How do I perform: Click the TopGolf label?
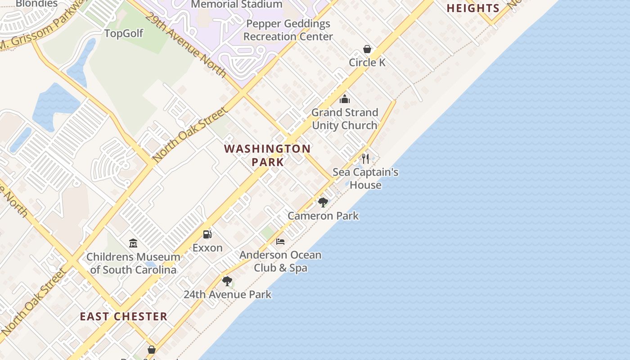pos(124,34)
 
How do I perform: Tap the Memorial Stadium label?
pos(237,4)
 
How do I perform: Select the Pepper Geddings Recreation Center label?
pos(288,30)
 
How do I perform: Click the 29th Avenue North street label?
pos(186,44)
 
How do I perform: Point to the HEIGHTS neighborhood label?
pos(473,8)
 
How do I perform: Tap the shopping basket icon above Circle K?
pos(367,49)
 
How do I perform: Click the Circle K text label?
pos(367,63)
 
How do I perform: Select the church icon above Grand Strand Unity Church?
pos(345,99)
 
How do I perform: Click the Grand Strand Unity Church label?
pos(345,119)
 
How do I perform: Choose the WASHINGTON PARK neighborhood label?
pos(267,155)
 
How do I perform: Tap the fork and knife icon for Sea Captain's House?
pos(365,158)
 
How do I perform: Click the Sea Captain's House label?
pos(365,179)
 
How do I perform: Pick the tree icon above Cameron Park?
pos(323,202)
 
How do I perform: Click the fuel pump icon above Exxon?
pos(207,234)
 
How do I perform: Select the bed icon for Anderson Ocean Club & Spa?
pos(280,242)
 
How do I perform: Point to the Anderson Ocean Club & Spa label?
pos(280,261)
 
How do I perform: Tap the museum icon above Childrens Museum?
pos(133,243)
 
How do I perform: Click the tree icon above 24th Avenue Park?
pos(227,281)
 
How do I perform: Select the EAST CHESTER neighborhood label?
pos(124,317)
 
